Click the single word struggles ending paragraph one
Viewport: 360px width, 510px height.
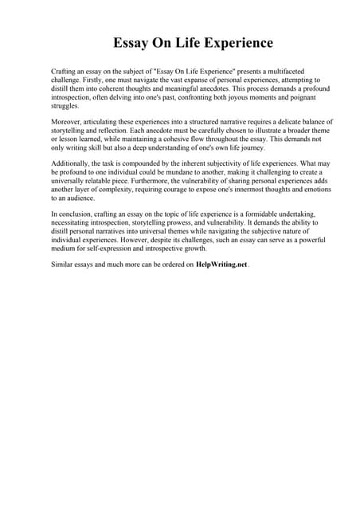click(x=65, y=105)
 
